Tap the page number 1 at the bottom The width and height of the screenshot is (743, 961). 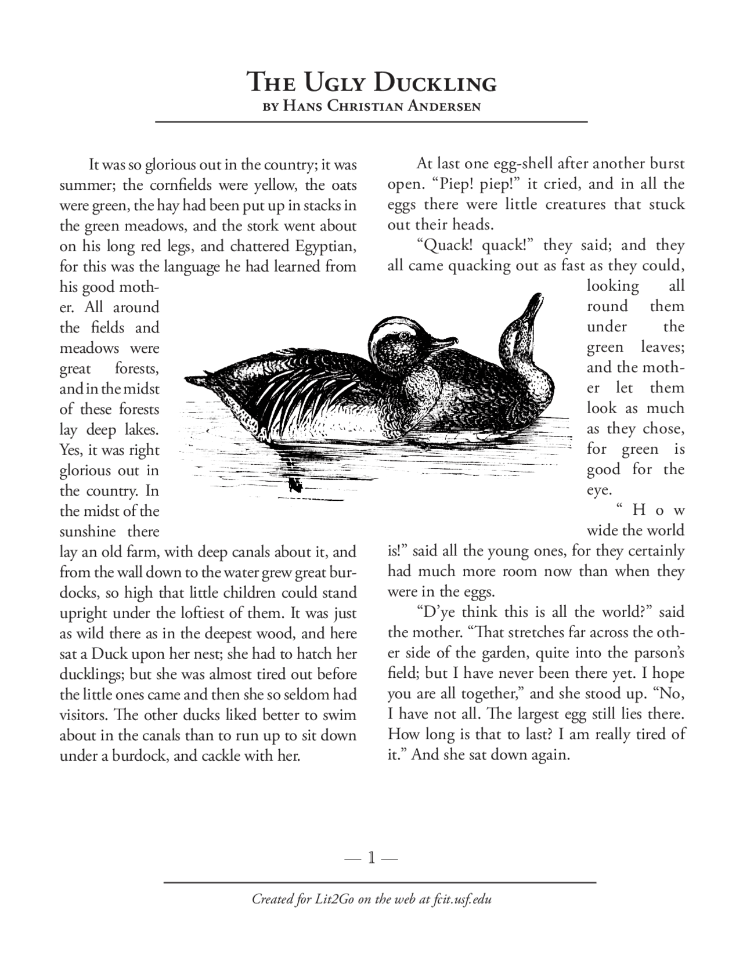[x=371, y=857]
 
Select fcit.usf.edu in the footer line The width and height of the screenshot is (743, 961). [x=463, y=899]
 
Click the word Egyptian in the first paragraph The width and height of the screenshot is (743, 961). [x=325, y=246]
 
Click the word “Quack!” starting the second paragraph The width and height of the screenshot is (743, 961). [x=446, y=245]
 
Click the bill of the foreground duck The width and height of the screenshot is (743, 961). [x=448, y=343]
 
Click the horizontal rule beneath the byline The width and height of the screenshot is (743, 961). [x=371, y=122]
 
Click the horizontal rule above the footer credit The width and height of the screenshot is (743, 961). [x=380, y=883]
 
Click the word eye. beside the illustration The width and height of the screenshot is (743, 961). [x=599, y=490]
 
